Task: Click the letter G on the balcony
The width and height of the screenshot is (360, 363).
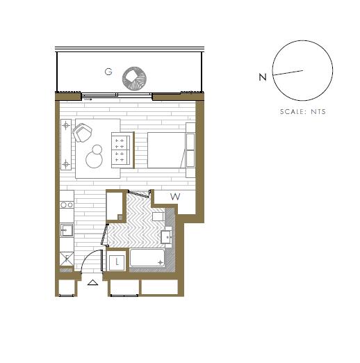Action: pos(108,72)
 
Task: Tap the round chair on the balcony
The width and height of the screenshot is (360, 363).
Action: pos(134,79)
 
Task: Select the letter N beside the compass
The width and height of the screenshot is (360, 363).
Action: pos(263,77)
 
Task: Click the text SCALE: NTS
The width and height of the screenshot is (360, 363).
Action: pos(303,112)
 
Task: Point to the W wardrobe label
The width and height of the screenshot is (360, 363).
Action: pos(175,197)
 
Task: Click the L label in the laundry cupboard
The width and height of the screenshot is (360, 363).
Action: pos(117,262)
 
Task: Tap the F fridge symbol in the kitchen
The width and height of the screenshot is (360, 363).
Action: pos(67,259)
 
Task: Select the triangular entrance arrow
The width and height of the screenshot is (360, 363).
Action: pos(93,282)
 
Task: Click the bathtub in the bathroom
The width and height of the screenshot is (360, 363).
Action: pos(147,257)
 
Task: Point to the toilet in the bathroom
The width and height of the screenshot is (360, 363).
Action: pos(158,216)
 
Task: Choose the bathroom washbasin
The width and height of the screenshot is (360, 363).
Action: pos(166,236)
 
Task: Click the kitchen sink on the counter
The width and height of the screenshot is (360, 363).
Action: pos(67,230)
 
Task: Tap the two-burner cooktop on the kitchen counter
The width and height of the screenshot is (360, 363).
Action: pos(67,205)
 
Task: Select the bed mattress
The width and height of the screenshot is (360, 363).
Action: pos(167,150)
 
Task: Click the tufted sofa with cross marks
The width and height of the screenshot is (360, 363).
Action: pos(123,150)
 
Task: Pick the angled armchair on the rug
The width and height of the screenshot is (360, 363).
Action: pos(82,133)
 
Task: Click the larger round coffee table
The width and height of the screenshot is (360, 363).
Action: pos(94,160)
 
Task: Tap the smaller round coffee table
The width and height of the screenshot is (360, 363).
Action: pos(97,150)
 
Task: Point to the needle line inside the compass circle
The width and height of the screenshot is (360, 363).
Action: pos(288,72)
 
